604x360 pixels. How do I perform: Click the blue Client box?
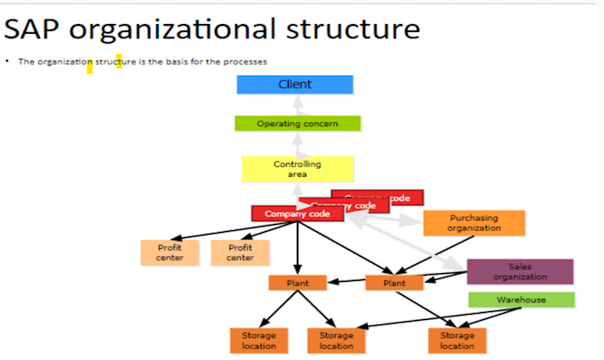295,84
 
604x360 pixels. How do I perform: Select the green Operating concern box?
297,124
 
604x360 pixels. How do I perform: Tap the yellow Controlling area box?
297,169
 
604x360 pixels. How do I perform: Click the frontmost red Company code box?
297,214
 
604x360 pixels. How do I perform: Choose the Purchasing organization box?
473,223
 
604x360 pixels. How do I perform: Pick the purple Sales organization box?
520,271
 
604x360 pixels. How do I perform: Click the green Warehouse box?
521,300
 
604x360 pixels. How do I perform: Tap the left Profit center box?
170,252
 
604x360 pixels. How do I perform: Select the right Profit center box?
240,252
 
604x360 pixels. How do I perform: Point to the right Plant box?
394,283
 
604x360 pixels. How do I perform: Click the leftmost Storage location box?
259,340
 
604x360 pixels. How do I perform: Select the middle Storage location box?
336,340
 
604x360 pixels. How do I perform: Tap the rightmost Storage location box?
457,340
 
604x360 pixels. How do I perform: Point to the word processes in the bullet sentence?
244,60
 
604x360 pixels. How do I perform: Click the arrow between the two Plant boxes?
346,284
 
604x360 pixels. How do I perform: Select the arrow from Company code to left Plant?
298,249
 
